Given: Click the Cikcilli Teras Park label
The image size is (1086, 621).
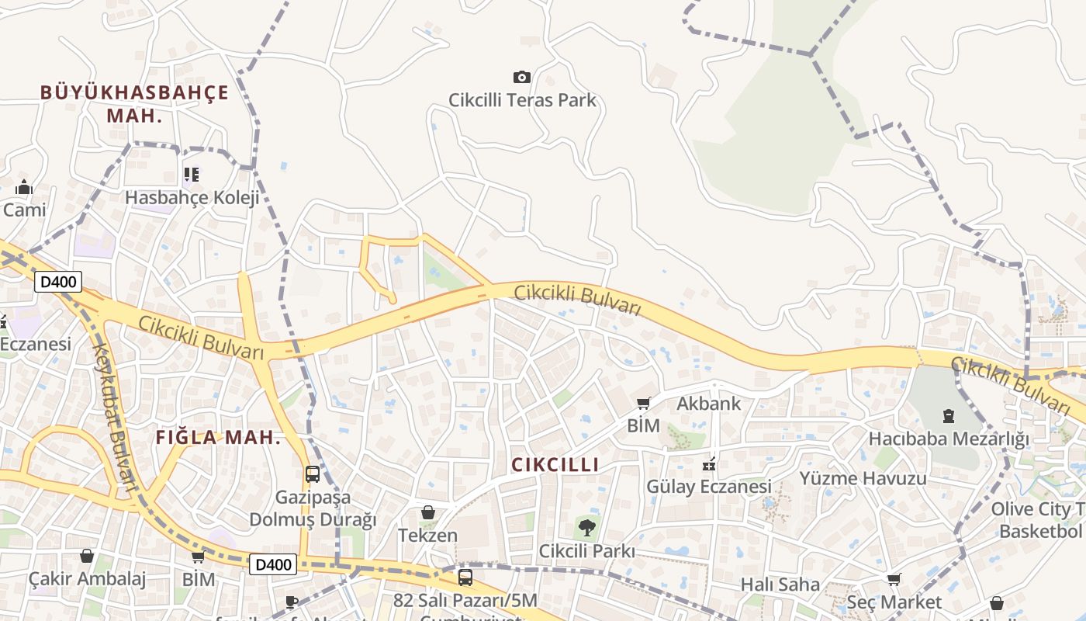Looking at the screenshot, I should pos(522,100).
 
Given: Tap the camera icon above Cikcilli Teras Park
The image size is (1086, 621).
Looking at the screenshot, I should pos(522,77).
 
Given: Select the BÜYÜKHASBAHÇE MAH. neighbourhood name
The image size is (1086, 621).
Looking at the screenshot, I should pos(134,104).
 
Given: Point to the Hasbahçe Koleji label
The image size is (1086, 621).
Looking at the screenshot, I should pos(192,197).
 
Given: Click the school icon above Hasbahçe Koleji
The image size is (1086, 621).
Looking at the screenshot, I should pos(191,175).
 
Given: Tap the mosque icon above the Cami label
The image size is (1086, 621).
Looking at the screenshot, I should pos(24,187).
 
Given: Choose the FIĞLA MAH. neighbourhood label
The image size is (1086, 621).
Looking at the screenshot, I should pos(218,437).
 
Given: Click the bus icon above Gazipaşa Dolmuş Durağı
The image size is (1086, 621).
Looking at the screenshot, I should pos(312,474).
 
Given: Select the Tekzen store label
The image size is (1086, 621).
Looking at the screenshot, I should pos(427,536).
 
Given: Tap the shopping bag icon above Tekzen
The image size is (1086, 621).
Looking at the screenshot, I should pos(427,512).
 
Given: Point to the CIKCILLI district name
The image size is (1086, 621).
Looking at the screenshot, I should pos(555,465).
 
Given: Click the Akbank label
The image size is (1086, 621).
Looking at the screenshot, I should pos(708,404).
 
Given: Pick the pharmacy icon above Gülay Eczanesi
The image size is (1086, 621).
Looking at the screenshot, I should pos(708,464).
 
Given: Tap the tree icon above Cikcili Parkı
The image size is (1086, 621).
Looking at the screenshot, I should pos(587,528).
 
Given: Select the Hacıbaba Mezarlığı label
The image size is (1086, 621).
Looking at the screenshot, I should pos(948,439).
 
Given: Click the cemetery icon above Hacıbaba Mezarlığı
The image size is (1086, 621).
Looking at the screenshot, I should pos(948,416).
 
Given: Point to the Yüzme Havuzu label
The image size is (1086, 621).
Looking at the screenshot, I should pos(863,478).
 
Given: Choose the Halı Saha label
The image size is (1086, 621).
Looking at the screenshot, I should pos(780,584).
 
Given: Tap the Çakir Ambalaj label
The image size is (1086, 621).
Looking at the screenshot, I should pos(87,579).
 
